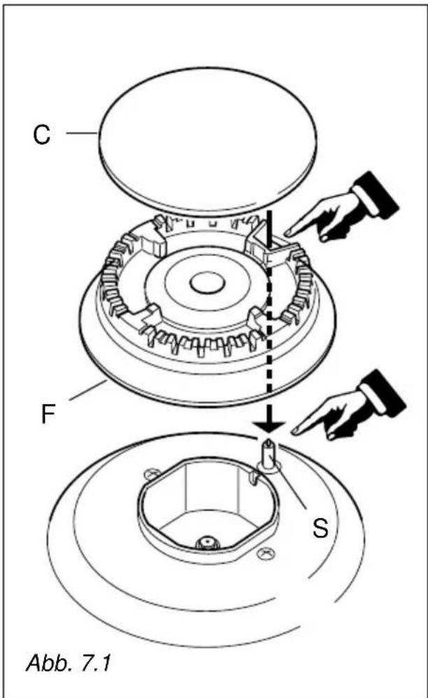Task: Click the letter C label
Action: tap(42, 134)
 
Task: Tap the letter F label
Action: tap(48, 415)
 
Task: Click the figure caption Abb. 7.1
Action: tap(69, 663)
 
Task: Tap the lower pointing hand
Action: tap(348, 405)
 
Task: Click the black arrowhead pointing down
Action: tap(269, 425)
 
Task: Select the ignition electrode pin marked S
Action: tap(269, 453)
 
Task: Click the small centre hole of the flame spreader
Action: tap(206, 283)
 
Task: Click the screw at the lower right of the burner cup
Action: tap(267, 553)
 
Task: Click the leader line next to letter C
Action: tap(82, 133)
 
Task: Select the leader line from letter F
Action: tap(87, 390)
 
